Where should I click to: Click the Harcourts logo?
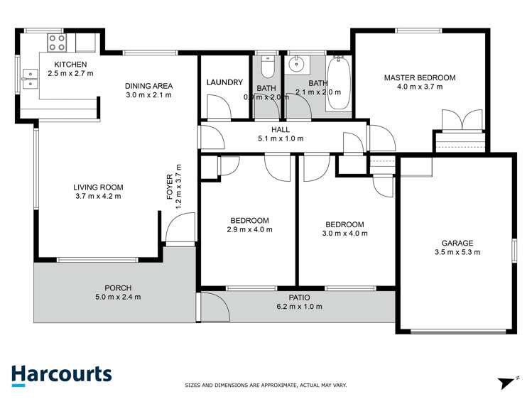pos(61,375)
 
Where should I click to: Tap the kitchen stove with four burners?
pos(57,42)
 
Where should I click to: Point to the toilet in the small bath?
pos(267,67)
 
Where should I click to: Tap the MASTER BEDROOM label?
pos(420,77)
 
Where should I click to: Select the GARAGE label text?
pos(458,242)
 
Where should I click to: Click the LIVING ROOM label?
pos(98,187)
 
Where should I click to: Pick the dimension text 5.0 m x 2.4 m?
pos(118,297)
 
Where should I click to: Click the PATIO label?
pos(299,297)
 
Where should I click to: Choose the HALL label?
pos(280,129)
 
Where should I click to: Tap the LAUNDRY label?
pos(224,82)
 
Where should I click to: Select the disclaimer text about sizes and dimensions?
pos(266,386)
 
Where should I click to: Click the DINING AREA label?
pos(149,86)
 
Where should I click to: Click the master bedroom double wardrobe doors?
pos(452,121)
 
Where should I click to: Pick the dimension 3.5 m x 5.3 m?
pos(458,251)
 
